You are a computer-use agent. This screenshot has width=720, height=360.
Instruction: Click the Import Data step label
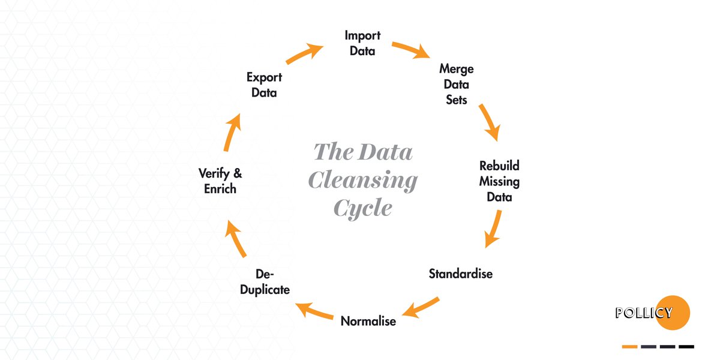362,43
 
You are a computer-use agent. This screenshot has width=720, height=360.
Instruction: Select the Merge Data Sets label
456,84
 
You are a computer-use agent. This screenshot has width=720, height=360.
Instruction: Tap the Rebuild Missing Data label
499,181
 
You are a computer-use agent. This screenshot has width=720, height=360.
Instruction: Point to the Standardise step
460,274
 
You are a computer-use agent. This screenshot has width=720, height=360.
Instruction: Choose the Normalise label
368,321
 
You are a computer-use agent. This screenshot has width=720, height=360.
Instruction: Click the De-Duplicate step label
265,282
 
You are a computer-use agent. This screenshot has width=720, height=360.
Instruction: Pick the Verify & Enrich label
220,181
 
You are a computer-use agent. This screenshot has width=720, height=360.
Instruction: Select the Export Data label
264,85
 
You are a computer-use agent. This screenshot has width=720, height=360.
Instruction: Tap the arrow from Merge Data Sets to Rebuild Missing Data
489,122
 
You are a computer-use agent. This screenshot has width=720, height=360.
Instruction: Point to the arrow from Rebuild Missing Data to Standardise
493,229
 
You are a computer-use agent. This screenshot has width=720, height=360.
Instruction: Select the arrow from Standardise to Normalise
421,306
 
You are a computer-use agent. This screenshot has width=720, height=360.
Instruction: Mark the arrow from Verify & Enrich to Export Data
232,132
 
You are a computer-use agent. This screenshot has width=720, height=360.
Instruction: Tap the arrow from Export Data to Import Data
304,53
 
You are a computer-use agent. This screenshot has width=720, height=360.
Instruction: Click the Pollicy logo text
644,313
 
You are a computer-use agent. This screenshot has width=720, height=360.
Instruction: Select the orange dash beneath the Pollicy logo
629,346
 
